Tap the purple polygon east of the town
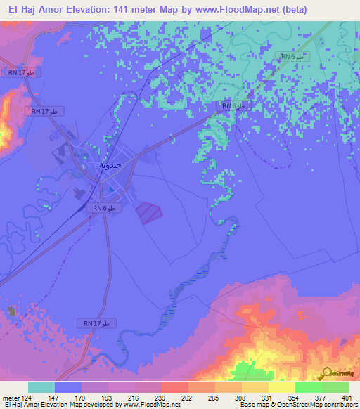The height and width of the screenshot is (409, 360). [x=148, y=212]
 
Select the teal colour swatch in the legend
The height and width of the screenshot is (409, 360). [x=41, y=387]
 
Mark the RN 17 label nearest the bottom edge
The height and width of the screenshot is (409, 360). [x=96, y=323]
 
